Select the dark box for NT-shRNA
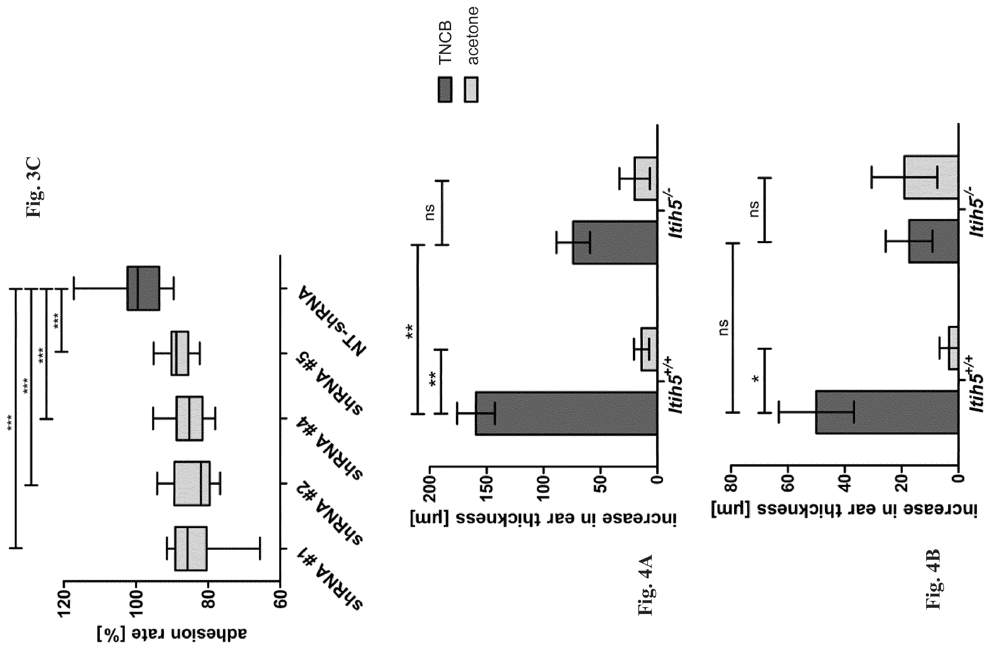143,288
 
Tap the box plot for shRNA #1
191,549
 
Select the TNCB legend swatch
445,89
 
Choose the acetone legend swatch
471,89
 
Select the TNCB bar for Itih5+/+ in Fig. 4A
566,413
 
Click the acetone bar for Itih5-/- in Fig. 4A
645,179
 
